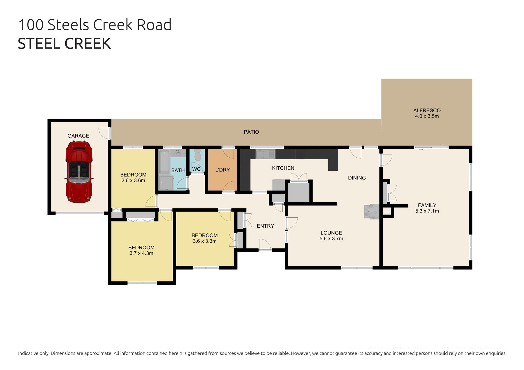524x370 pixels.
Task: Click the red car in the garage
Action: (79, 172)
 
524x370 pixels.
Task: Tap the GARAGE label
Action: (78, 136)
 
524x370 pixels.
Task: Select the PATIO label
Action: (251, 132)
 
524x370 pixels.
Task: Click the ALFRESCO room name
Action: (427, 110)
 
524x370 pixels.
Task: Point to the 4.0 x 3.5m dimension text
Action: (427, 116)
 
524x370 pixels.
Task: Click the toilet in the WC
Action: (198, 155)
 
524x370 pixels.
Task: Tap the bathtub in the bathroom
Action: (164, 162)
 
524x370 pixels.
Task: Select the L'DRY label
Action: (222, 170)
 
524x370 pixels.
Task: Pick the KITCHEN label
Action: (283, 168)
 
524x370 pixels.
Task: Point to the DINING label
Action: (357, 178)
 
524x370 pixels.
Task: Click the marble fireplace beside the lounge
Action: (372, 212)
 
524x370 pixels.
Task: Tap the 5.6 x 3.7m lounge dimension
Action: (331, 239)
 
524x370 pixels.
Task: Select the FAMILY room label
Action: (427, 205)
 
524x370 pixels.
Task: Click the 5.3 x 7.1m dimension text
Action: (427, 211)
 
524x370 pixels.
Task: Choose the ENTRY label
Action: (265, 226)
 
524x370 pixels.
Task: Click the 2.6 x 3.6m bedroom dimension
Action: (133, 181)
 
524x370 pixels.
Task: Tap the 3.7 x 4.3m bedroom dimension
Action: (141, 253)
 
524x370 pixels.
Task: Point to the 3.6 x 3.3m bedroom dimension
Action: (204, 241)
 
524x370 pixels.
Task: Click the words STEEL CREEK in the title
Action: (64, 44)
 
